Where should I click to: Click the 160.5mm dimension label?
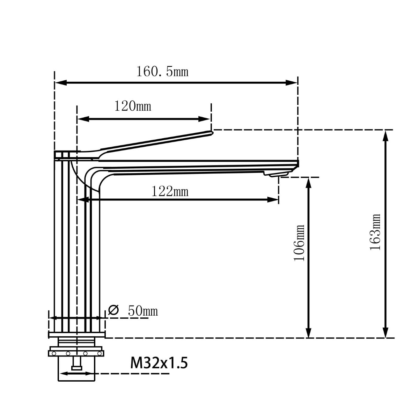pos(162,72)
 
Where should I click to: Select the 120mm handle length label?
pos(133,106)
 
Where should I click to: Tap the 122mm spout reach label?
pos(170,191)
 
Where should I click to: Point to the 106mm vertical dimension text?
pos(299,243)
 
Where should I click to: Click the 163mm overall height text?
pos(375,232)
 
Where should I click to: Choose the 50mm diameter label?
pos(143,310)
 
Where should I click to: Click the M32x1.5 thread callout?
pos(159,363)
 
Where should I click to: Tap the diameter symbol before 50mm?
pos(113,310)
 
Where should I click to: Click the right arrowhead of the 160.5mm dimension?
pos(292,83)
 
